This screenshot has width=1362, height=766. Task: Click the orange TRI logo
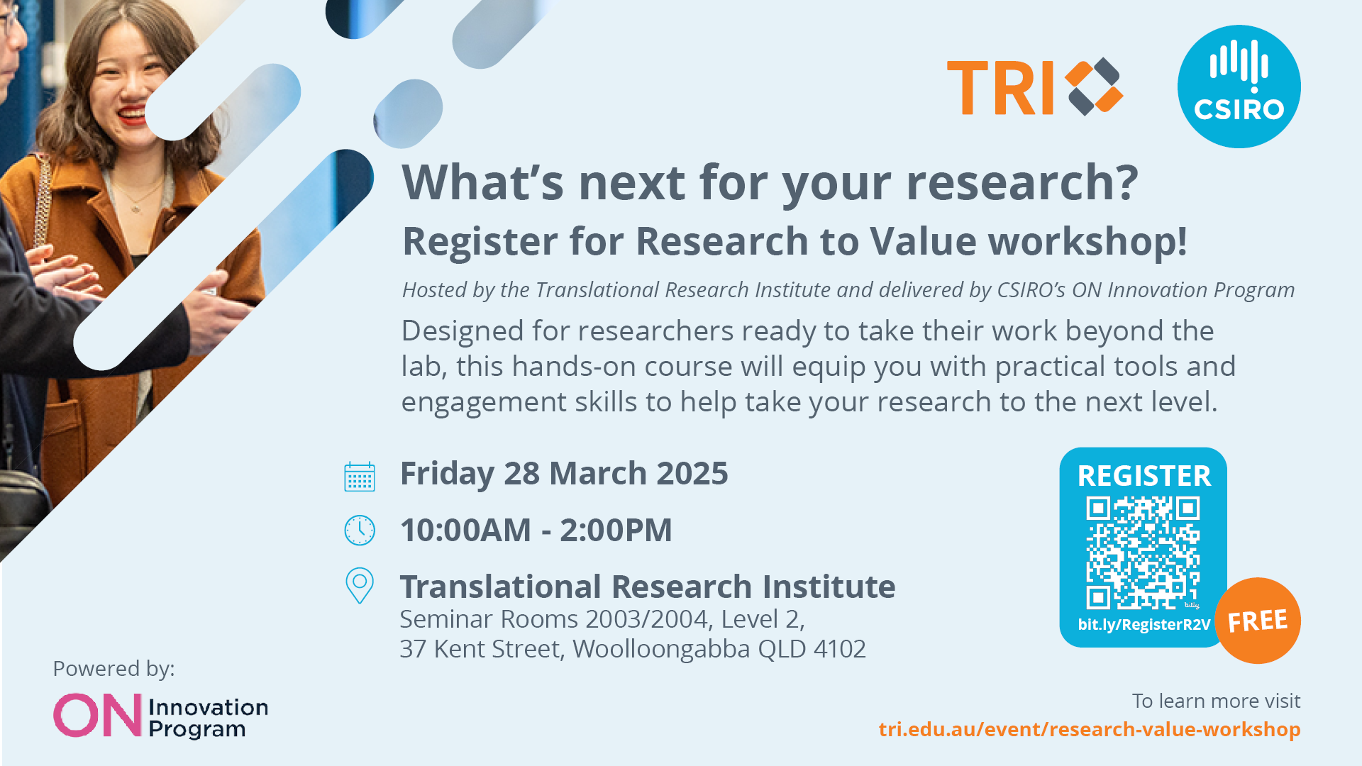pyautogui.click(x=1035, y=87)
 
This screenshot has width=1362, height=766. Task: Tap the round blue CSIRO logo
pyautogui.click(x=1239, y=87)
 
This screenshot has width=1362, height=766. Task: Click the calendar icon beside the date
pyautogui.click(x=360, y=477)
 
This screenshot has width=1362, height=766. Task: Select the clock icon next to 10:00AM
pyautogui.click(x=360, y=531)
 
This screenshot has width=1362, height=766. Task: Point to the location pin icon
pyautogui.click(x=360, y=586)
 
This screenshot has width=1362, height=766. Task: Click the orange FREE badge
pyautogui.click(x=1258, y=621)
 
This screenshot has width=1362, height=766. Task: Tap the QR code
pyautogui.click(x=1143, y=553)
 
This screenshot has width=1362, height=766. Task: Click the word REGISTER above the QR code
pyautogui.click(x=1144, y=476)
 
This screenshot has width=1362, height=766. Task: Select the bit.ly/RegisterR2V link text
pyautogui.click(x=1144, y=625)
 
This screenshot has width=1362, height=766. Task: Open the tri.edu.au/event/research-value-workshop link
pyautogui.click(x=1090, y=729)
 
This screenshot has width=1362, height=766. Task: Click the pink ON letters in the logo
pyautogui.click(x=98, y=715)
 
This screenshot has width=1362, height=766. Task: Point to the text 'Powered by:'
pyautogui.click(x=113, y=669)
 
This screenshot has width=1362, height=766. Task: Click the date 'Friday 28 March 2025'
pyautogui.click(x=564, y=474)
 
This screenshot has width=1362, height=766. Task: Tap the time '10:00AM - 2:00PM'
pyautogui.click(x=536, y=531)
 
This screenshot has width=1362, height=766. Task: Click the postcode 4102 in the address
pyautogui.click(x=840, y=649)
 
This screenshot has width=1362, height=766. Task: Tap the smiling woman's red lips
pyautogui.click(x=131, y=116)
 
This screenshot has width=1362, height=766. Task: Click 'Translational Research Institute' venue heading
pyautogui.click(x=648, y=587)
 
